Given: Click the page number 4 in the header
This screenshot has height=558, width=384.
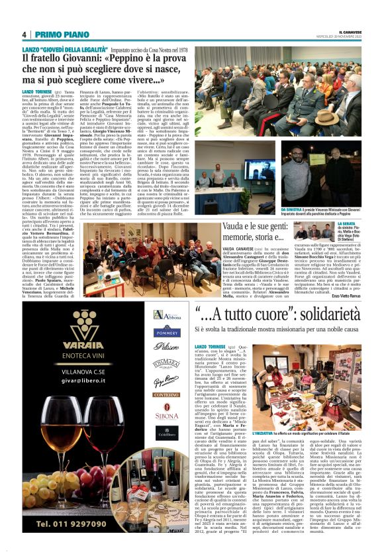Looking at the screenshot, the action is pos(23,34).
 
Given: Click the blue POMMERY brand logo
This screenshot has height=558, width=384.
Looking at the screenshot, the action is pos(167,333).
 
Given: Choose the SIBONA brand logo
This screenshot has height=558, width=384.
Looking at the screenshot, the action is pos(167,416).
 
